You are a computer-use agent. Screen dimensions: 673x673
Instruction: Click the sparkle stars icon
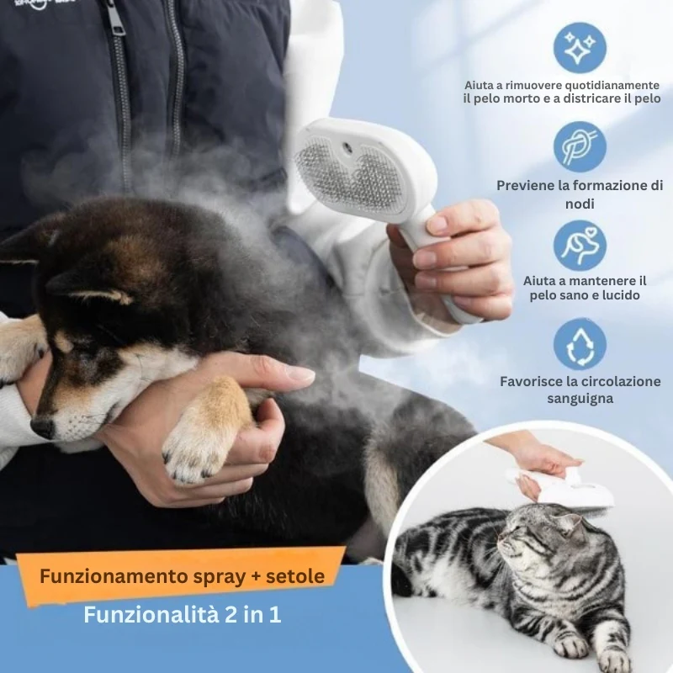click(x=580, y=48)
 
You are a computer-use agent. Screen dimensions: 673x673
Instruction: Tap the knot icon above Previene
click(x=580, y=146)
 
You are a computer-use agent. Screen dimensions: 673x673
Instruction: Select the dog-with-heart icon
click(x=580, y=246)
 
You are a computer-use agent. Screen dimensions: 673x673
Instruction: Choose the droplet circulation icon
click(x=580, y=345)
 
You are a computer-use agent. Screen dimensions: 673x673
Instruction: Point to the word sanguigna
click(x=580, y=399)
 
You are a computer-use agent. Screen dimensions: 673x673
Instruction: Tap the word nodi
click(x=580, y=204)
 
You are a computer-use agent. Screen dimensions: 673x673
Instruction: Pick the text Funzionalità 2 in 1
click(x=183, y=615)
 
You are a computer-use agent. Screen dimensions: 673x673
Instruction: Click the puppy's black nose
click(x=43, y=427)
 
